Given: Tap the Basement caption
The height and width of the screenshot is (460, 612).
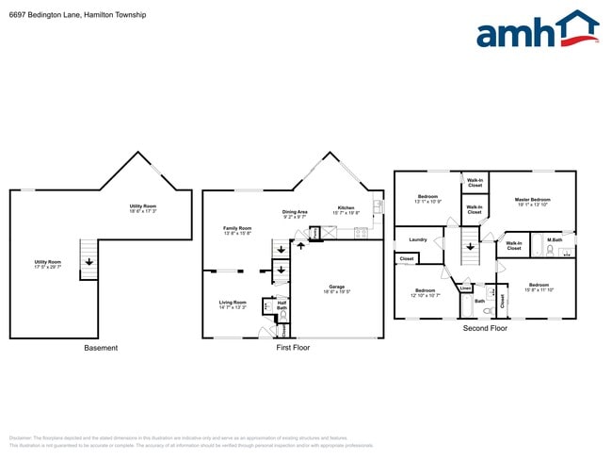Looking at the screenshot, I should [x=101, y=348].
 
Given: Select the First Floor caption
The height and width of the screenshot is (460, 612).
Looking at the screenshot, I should [x=293, y=348].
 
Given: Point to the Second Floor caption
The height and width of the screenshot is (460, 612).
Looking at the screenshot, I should [x=485, y=328].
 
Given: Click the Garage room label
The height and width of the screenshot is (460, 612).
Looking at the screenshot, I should [x=336, y=288].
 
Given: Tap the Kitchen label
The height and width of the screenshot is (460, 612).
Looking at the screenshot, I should [x=346, y=209].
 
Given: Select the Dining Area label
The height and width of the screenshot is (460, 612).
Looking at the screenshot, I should [x=295, y=214].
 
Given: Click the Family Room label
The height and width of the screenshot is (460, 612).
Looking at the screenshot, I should [x=237, y=230].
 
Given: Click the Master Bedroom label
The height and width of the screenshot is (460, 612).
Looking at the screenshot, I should [x=532, y=202].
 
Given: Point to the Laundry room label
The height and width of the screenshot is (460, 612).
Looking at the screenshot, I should [x=418, y=239].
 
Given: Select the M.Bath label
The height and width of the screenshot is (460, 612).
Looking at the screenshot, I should [x=555, y=239].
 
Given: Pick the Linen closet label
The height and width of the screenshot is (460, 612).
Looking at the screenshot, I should [x=465, y=287].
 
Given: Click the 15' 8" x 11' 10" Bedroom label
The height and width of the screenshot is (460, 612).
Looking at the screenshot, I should [x=538, y=287].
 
